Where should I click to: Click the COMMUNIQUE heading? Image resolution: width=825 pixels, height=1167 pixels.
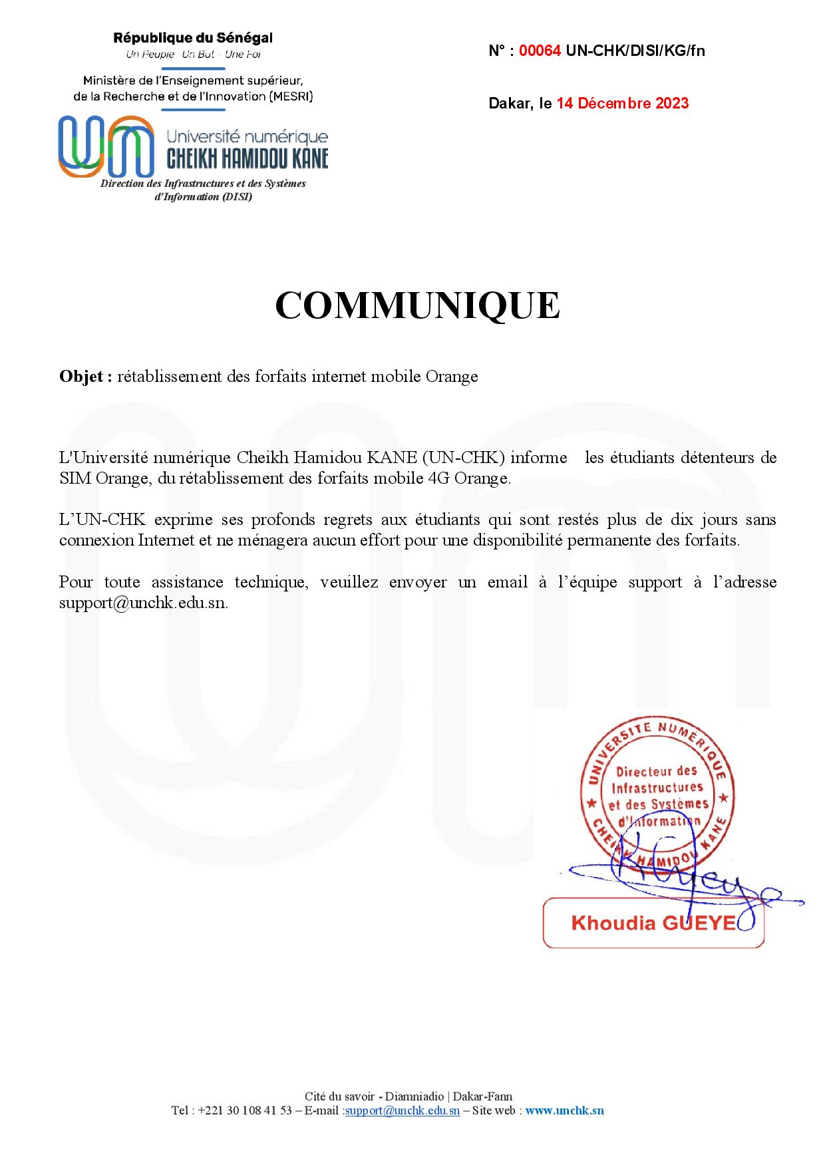click(417, 306)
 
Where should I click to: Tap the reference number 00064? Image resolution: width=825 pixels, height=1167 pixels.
click(540, 51)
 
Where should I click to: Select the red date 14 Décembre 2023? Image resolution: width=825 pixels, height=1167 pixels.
click(623, 103)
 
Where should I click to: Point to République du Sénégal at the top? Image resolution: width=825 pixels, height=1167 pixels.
click(193, 38)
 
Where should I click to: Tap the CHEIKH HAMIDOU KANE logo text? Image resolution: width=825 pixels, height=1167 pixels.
click(247, 158)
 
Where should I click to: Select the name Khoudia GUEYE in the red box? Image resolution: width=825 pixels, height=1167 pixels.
click(653, 923)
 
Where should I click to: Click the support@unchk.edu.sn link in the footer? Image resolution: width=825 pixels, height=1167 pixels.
click(403, 1110)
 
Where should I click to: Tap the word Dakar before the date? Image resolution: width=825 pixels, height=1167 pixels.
click(510, 103)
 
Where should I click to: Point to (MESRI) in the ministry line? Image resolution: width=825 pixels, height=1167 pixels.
click(291, 96)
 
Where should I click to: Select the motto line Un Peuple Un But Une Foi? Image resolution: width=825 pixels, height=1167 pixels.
click(193, 55)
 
